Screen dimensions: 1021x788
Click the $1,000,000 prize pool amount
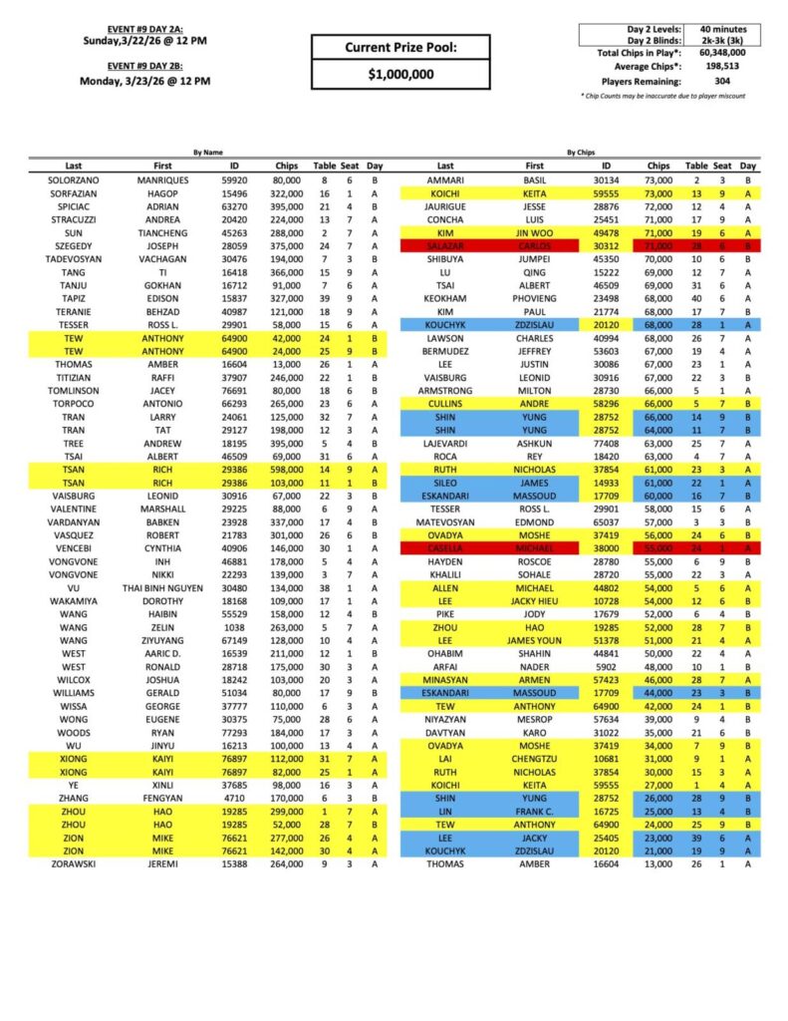[x=400, y=74]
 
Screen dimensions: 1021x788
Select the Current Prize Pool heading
[x=400, y=47]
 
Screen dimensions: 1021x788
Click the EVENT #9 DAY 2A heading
[x=144, y=29]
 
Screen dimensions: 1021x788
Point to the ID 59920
[x=235, y=179]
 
